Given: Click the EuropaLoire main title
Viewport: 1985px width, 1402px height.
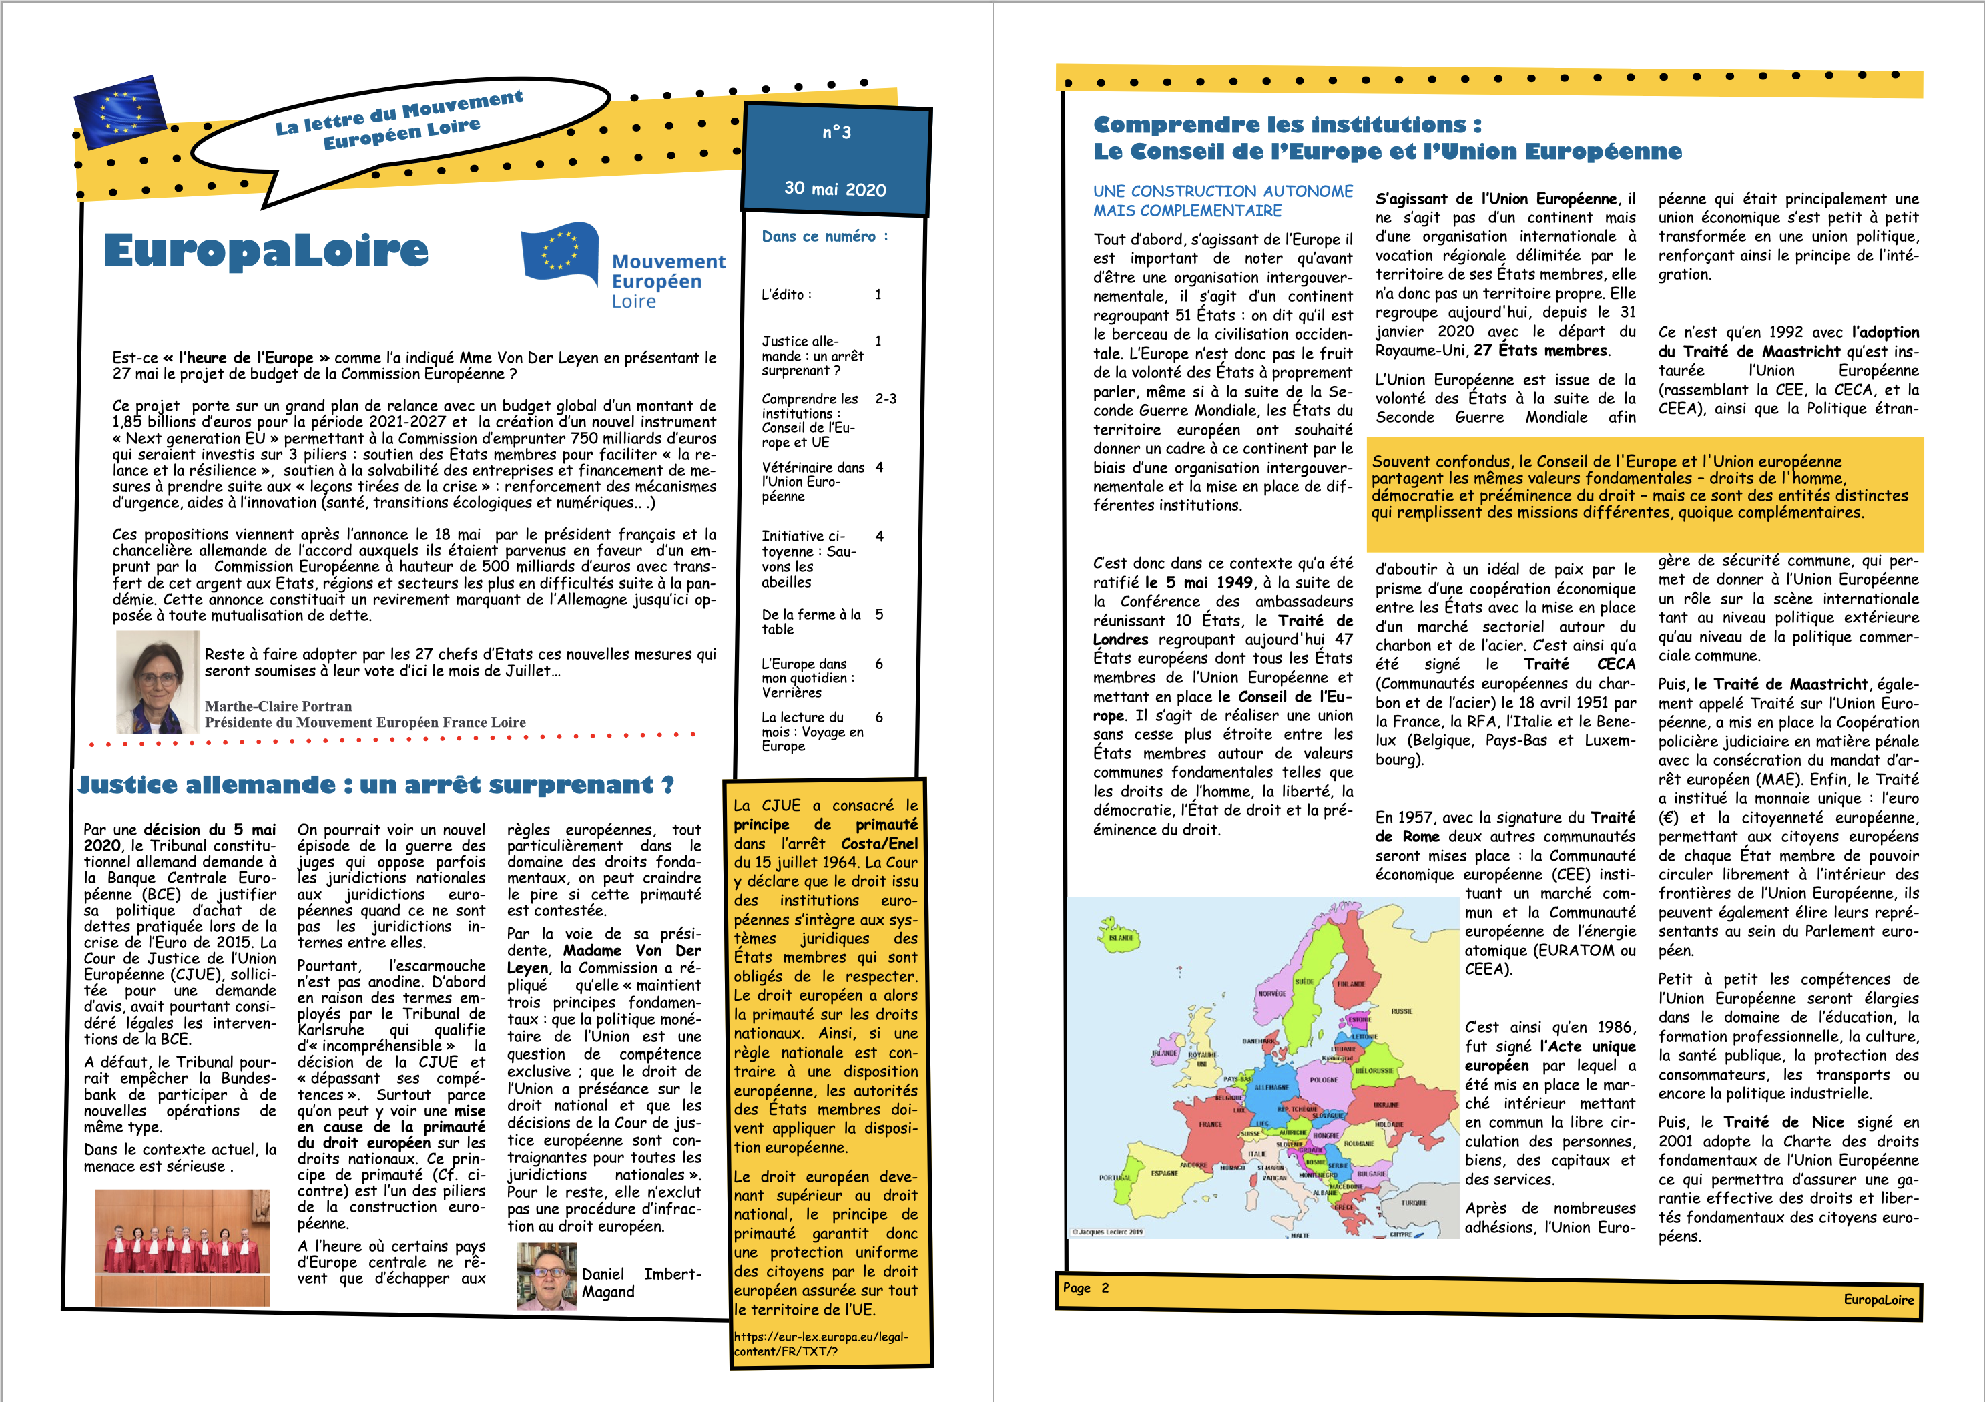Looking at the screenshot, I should (x=266, y=251).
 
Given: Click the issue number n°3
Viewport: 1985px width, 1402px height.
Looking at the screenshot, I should (x=836, y=132).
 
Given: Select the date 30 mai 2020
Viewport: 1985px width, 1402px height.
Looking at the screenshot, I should (x=835, y=188).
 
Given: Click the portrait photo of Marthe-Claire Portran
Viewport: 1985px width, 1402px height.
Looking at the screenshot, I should (x=158, y=682).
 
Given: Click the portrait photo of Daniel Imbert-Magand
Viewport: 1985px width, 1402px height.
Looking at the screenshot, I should (x=547, y=1276).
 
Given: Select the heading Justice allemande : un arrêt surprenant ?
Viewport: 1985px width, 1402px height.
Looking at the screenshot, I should (x=375, y=784).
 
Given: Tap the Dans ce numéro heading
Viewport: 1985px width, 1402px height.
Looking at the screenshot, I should (x=824, y=236).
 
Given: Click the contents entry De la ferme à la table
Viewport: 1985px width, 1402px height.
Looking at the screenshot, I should (x=811, y=621).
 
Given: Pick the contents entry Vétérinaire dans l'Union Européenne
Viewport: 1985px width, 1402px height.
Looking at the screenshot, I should (x=813, y=482).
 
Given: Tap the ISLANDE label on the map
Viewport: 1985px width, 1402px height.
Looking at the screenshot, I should (x=1121, y=937).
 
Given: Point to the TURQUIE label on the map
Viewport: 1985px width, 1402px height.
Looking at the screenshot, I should (x=1414, y=1203).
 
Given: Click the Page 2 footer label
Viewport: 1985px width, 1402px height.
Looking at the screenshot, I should (x=1085, y=1288).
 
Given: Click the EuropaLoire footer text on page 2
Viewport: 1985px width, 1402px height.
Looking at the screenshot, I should (x=1878, y=1299).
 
